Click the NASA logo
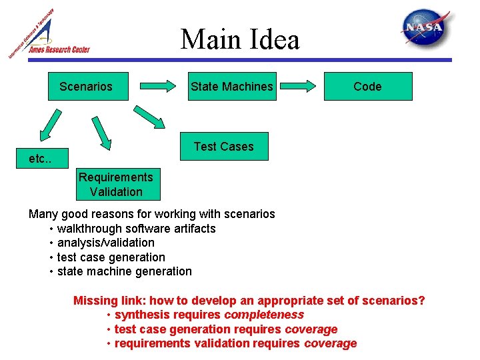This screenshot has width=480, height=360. (x=425, y=29)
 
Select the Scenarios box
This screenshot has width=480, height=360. (x=87, y=87)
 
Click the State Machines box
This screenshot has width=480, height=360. (x=231, y=87)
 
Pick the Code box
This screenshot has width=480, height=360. (x=367, y=87)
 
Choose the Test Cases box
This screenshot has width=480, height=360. (x=224, y=147)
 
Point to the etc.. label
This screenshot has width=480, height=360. (x=39, y=159)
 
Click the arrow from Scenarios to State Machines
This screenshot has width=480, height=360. (x=159, y=86)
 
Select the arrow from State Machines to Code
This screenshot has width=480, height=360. (x=299, y=86)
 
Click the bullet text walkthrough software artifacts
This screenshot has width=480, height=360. (x=136, y=229)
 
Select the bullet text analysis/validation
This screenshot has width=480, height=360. (x=105, y=243)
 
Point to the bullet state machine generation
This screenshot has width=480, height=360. (x=124, y=271)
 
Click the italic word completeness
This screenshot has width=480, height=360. (x=264, y=315)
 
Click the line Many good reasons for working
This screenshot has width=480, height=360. (x=151, y=214)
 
